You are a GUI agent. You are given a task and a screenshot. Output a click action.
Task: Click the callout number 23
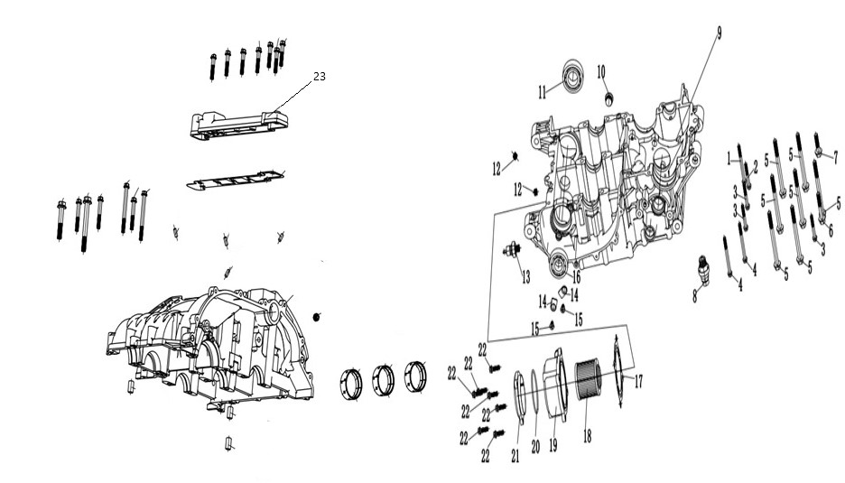point(320,77)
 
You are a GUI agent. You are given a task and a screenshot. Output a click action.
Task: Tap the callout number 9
point(719,33)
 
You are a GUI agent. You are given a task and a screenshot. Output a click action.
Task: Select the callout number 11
point(543,93)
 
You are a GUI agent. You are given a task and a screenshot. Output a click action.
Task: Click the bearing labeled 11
point(573,77)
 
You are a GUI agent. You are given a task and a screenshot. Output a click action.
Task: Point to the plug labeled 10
point(609,98)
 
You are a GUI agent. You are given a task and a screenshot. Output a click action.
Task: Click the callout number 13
point(526,277)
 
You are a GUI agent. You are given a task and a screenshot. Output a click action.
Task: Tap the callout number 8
point(694,295)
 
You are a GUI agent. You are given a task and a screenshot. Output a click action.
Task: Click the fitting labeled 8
point(704,268)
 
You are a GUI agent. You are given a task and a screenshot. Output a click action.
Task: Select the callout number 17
point(638,382)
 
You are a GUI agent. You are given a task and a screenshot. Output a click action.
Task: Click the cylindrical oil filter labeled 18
point(588,381)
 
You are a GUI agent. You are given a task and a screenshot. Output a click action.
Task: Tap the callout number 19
point(552,445)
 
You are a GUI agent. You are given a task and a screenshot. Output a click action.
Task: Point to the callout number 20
point(535,446)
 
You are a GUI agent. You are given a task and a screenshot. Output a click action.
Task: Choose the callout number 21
point(515,456)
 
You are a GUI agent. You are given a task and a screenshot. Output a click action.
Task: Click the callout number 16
point(576,277)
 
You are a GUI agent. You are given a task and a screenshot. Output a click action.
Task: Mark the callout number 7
point(836,157)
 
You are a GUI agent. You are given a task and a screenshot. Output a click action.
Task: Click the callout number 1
point(729,159)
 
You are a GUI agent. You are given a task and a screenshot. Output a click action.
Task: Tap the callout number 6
point(831,231)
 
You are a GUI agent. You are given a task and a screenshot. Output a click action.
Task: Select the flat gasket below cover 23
point(236,180)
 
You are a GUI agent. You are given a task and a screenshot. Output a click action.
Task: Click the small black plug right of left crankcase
point(316,317)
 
